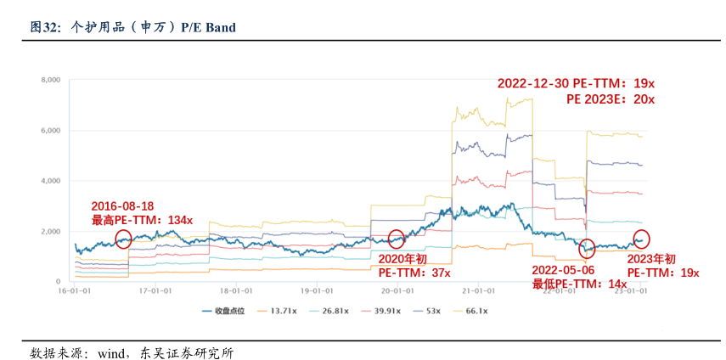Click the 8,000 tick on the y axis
[x=50, y=80]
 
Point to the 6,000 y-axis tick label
[x=50, y=131]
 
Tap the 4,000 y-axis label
[x=50, y=181]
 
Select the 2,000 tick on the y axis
[x=50, y=231]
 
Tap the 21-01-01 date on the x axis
[x=478, y=290]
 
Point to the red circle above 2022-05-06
[x=587, y=248]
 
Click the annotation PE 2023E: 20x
[x=611, y=99]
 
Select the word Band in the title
[x=219, y=27]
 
